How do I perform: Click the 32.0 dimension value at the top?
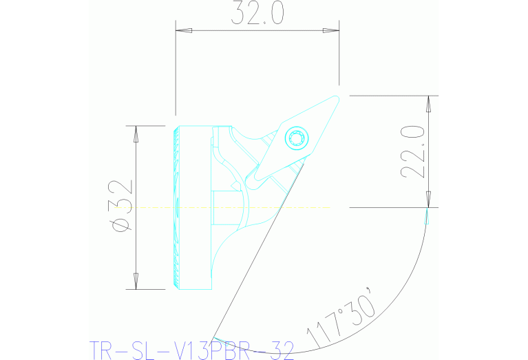tap(257, 14)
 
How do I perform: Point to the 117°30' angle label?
tap(341, 319)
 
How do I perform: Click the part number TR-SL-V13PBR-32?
tap(192, 349)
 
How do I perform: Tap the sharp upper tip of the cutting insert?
tap(337, 96)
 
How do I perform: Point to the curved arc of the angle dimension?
tap(406, 275)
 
